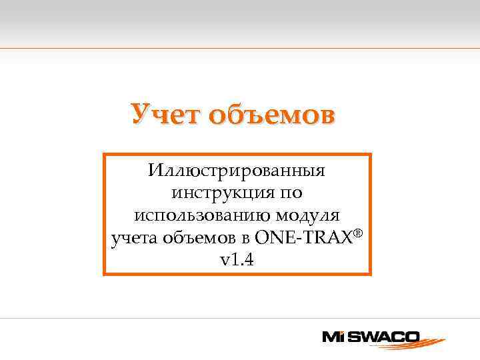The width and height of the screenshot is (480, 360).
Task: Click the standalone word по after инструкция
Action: tap(287, 193)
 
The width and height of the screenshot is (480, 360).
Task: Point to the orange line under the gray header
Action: tap(240, 48)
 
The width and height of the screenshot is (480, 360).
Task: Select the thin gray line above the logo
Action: tap(240, 319)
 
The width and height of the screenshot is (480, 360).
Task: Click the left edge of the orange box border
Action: tap(104, 214)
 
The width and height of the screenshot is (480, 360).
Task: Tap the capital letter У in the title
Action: tap(141, 114)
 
